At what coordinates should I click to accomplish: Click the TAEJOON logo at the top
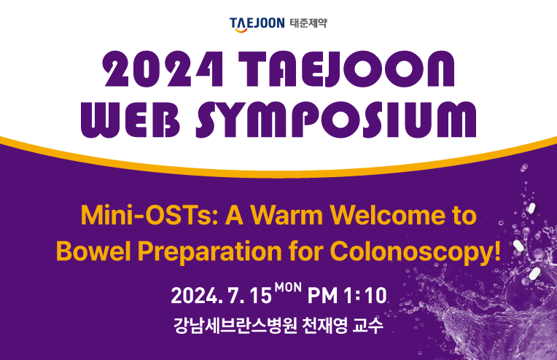[257, 25]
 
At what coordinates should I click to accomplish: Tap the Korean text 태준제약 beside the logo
[308, 23]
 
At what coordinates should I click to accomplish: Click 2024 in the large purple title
[163, 69]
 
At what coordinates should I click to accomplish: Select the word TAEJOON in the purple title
[346, 69]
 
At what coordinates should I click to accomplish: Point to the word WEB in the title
[131, 120]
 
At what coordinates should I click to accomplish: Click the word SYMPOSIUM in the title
[336, 120]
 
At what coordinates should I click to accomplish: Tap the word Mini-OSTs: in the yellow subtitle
[149, 215]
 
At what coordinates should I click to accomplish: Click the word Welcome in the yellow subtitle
[388, 215]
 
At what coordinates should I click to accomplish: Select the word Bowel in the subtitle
[93, 251]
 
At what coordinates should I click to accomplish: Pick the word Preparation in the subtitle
[209, 253]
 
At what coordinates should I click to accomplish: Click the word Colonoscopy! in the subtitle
[415, 253]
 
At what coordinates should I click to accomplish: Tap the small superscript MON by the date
[288, 287]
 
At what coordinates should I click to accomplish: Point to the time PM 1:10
[347, 295]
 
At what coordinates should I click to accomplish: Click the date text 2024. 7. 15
[221, 295]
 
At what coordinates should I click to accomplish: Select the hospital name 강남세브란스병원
[235, 325]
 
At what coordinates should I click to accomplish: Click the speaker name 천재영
[324, 325]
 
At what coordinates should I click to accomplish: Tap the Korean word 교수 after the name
[368, 325]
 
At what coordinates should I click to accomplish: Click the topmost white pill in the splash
[531, 208]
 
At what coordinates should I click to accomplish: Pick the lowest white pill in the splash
[534, 273]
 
